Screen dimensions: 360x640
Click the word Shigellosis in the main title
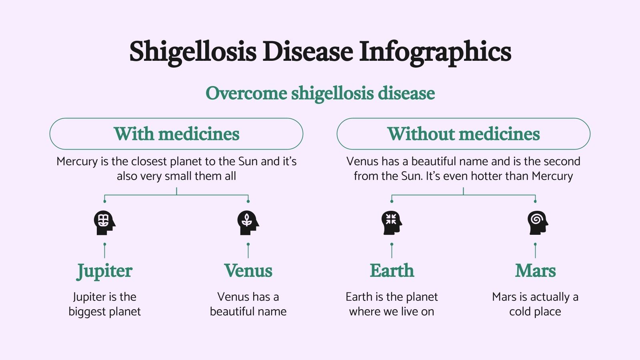(x=192, y=52)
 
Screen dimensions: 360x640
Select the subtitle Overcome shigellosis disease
(x=320, y=93)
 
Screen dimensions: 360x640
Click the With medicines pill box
(x=176, y=134)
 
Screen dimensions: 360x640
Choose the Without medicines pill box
(x=463, y=134)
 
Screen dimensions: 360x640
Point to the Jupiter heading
(x=104, y=271)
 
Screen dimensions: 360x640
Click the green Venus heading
(x=248, y=271)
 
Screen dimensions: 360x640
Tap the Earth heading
(x=392, y=271)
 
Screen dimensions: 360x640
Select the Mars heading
(x=535, y=271)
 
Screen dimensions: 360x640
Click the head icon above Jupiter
(x=104, y=222)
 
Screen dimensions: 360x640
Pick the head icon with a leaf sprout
(x=248, y=222)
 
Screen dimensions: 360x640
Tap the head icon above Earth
(x=392, y=222)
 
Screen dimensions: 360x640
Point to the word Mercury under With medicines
(x=77, y=161)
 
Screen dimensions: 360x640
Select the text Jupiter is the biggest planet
(x=104, y=304)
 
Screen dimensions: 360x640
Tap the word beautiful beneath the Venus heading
(x=235, y=312)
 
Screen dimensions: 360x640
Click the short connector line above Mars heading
(x=535, y=251)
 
